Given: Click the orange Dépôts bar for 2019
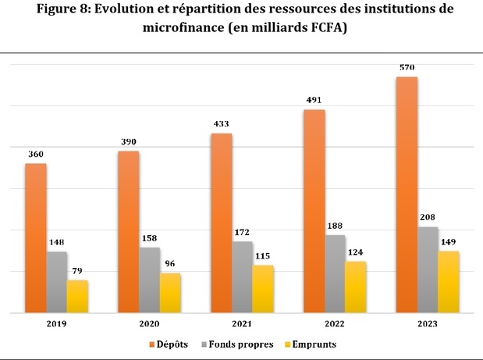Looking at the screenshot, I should pos(36,238).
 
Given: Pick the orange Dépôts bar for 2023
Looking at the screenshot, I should pos(407,195).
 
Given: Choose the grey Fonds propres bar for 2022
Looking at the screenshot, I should pos(336,273).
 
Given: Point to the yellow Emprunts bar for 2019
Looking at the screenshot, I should pos(77,296).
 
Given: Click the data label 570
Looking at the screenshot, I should pos(407,67).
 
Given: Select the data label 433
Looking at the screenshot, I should pos(222,123).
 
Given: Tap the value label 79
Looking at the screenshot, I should pos(77,271).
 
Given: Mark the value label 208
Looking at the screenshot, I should pos(428,217).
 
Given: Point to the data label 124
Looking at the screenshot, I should pos(356,251).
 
